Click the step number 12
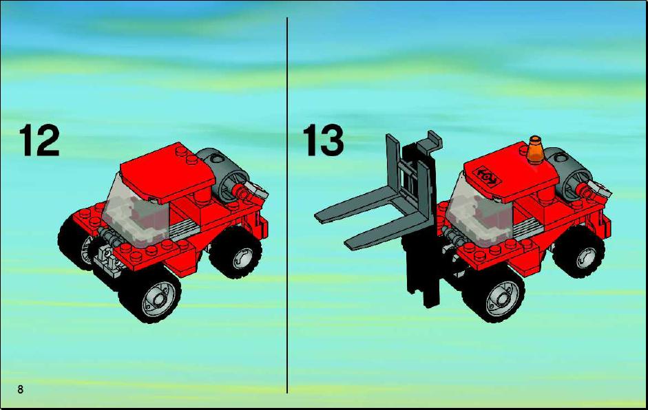[39, 140]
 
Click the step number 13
[323, 140]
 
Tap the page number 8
[20, 389]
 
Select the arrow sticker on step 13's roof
[488, 176]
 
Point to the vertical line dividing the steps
[287, 205]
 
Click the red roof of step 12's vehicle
[168, 172]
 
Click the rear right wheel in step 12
[236, 252]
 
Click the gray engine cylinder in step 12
[223, 173]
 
